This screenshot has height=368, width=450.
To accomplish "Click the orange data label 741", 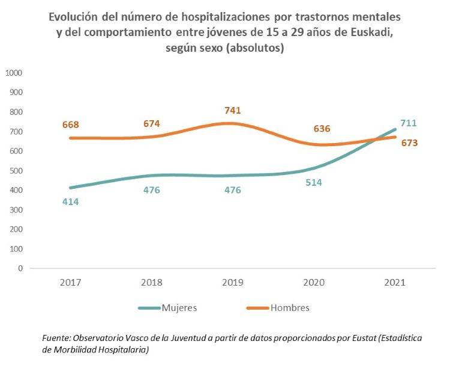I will pyautogui.click(x=232, y=111).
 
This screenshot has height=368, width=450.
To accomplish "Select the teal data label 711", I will pyautogui.click(x=408, y=123).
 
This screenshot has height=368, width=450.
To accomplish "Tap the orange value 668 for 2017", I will pyautogui.click(x=71, y=125).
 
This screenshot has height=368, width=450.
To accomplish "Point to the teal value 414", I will pyautogui.click(x=71, y=201).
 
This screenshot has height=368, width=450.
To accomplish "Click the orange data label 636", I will pyautogui.click(x=322, y=129).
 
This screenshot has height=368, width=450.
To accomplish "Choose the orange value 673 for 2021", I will pyautogui.click(x=409, y=143).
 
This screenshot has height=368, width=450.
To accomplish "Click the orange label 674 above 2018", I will pyautogui.click(x=152, y=124).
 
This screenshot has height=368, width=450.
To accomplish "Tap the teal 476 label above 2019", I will pyautogui.click(x=232, y=190).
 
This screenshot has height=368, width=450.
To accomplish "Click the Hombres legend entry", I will pyautogui.click(x=290, y=308).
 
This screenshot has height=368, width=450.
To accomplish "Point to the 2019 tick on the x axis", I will pyautogui.click(x=233, y=282).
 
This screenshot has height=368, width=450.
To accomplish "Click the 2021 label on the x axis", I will pyautogui.click(x=395, y=282).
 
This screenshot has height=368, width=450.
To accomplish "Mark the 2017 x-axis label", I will pyautogui.click(x=71, y=282).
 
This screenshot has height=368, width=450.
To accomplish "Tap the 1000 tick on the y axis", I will pyautogui.click(x=13, y=73).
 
